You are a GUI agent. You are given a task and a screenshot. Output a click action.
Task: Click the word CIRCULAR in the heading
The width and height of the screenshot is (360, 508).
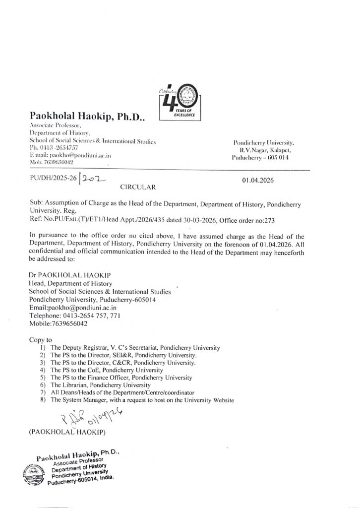[138, 188]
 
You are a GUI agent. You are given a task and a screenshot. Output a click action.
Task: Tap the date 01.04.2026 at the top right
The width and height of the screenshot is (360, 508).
[259, 181]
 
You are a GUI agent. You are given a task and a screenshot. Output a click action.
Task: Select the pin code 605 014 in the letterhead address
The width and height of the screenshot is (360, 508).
[284, 157]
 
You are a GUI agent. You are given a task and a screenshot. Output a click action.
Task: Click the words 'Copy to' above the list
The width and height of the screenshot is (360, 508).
[41, 340]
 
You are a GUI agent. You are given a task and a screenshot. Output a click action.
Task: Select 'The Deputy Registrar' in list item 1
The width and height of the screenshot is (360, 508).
[78, 348]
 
